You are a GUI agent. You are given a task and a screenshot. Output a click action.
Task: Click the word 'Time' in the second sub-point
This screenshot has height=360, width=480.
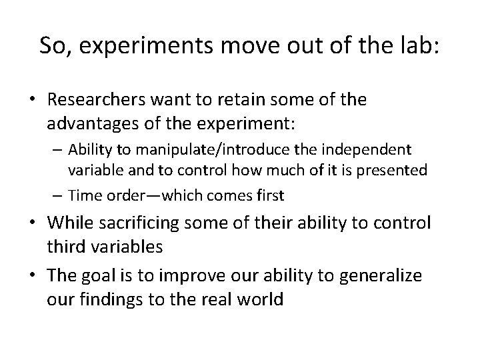coord(82,195)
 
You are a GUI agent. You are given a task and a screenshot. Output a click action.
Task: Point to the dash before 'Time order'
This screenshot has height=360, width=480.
coord(58,195)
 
